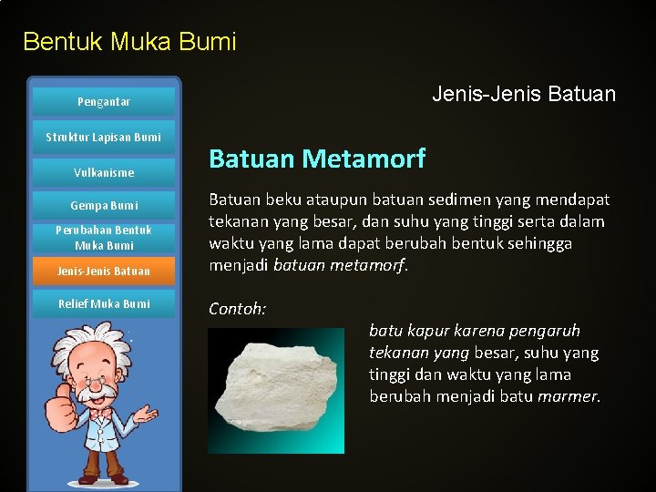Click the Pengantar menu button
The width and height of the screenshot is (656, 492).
103,102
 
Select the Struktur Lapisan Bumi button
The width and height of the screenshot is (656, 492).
103,138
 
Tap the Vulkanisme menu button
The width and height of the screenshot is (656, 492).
103,172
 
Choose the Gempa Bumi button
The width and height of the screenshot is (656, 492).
103,206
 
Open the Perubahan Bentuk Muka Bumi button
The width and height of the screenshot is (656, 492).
103,238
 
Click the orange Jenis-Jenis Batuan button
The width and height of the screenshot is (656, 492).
103,271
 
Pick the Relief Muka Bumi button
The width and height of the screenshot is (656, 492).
103,303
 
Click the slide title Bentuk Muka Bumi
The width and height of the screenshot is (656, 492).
129,42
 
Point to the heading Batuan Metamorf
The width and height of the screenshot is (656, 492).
317,159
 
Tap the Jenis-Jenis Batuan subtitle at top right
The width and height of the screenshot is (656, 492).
523,94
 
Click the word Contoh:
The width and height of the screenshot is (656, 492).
237,309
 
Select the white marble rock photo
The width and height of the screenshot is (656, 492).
275,390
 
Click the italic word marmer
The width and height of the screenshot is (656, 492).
569,396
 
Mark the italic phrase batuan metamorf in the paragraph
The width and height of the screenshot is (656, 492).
354,266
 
